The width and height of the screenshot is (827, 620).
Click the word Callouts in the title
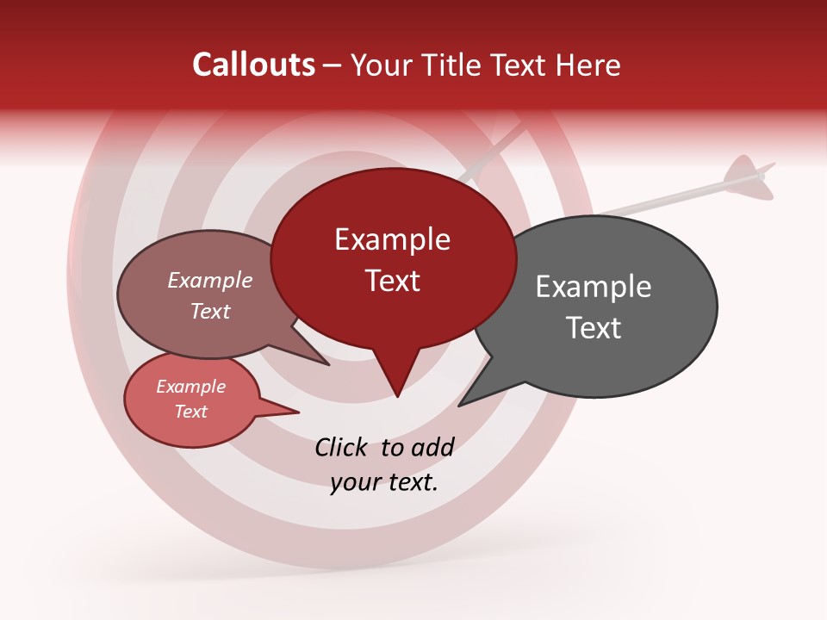(x=253, y=65)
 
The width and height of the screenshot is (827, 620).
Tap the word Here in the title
(x=588, y=65)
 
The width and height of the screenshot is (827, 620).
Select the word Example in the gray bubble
(x=593, y=287)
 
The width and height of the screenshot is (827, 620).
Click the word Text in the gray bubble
(x=594, y=328)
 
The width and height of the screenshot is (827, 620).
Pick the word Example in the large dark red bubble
(x=392, y=239)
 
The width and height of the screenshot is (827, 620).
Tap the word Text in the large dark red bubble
(x=392, y=281)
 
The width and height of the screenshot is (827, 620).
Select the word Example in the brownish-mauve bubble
(x=209, y=281)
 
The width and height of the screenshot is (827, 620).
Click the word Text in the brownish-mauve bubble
(x=209, y=311)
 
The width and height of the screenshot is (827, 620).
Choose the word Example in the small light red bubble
(x=190, y=387)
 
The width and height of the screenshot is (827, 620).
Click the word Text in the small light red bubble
(x=190, y=412)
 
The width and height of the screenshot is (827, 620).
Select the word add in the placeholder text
(x=432, y=447)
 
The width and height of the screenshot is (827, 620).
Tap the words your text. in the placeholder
(x=384, y=482)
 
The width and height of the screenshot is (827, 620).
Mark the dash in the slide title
(x=333, y=65)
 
